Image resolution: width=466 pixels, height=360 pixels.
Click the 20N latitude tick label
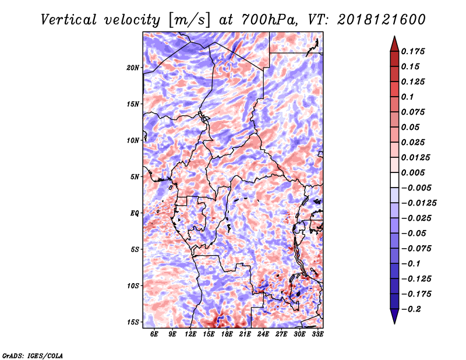tap(133, 68)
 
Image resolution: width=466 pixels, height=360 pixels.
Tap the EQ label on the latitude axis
tap(135, 213)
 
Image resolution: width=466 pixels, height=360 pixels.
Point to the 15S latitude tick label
tap(133, 322)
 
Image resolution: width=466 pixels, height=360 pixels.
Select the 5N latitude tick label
tap(135, 177)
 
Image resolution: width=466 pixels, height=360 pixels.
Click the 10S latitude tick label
tap(133, 286)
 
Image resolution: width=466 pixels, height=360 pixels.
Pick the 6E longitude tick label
tap(154, 334)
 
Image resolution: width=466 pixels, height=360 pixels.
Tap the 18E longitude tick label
tap(227, 334)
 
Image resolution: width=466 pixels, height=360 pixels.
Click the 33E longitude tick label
tap(317, 334)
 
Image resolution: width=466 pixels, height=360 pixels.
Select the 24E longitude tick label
tap(263, 334)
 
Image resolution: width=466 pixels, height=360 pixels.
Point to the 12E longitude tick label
tap(190, 334)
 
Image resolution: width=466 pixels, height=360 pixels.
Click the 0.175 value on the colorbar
tap(413, 51)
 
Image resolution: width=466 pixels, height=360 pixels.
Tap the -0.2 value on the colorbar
tap(411, 309)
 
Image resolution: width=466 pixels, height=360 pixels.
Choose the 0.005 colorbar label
tap(413, 172)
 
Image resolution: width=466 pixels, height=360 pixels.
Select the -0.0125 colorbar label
tap(419, 203)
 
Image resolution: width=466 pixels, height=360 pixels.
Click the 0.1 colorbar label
tap(407, 97)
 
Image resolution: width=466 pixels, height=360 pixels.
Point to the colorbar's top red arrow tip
tap(394, 36)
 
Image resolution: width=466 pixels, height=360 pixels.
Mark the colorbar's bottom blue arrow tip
tap(394, 323)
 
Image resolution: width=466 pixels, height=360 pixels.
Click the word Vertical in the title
tap(69, 20)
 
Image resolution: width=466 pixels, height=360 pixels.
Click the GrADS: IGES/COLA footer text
tap(33, 355)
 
